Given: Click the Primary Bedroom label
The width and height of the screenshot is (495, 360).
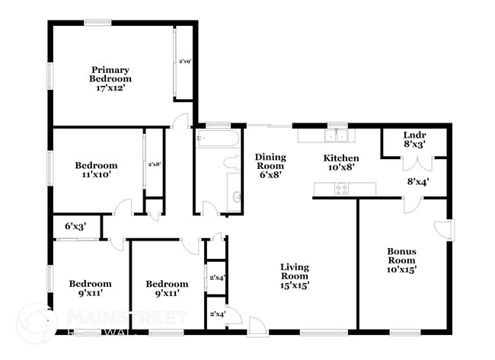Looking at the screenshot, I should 110,73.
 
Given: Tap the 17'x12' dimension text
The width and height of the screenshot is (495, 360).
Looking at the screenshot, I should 110,88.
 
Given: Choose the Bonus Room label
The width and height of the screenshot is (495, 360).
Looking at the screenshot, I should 401,260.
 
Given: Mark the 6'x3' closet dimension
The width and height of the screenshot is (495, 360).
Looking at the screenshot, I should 75,226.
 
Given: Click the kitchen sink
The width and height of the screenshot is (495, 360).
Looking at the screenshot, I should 336,136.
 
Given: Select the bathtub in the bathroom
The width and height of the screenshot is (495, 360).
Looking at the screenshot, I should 217,139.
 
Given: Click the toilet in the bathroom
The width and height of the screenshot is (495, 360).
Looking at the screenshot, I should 231,162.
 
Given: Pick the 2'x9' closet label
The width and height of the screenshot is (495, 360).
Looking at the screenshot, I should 184,61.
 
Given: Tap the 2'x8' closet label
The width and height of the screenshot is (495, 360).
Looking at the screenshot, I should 155,164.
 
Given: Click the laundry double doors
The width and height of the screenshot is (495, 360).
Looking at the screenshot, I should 416,163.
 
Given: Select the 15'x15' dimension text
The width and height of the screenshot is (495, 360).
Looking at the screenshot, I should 294,285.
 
